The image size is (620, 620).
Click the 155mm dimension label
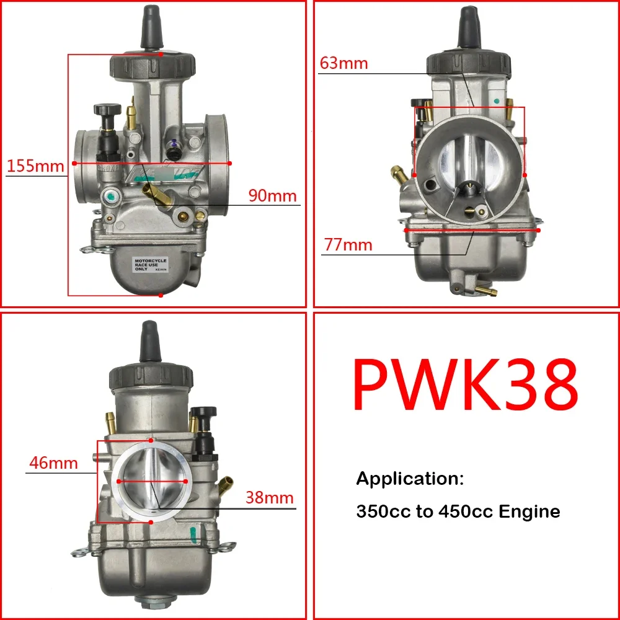click(x=35, y=166)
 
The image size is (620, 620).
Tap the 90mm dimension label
click(x=273, y=195)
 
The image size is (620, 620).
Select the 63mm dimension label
click(x=344, y=63)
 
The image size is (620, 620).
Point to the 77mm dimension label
click(x=348, y=245)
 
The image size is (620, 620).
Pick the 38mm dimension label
click(x=268, y=498)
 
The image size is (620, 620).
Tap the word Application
click(x=410, y=478)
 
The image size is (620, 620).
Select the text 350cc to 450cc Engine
click(x=458, y=511)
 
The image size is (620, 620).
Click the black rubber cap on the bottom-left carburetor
click(x=151, y=342)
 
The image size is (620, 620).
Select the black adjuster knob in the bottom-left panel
click(x=204, y=414)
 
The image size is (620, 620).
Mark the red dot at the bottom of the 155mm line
click(x=161, y=296)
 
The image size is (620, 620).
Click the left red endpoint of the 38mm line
click(x=118, y=480)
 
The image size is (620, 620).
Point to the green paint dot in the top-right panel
click(x=496, y=100)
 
